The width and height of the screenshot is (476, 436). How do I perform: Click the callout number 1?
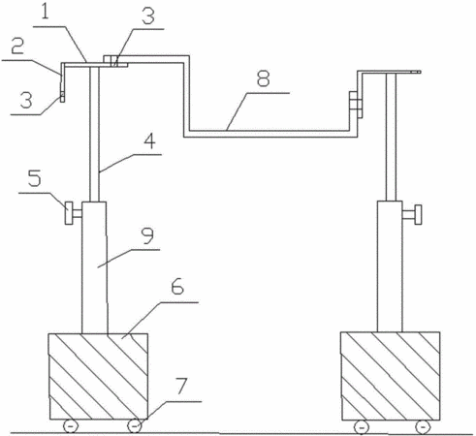[x=46, y=12]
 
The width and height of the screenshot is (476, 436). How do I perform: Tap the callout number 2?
[x=17, y=47]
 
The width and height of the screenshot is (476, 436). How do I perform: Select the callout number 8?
[x=263, y=78]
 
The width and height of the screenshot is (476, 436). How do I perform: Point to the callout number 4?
[x=149, y=141]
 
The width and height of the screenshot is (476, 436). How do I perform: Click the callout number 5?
[x=35, y=178]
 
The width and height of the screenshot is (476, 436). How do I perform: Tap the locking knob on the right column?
[x=412, y=214]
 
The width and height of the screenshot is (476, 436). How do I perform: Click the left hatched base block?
[x=99, y=376]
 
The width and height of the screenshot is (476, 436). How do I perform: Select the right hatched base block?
[x=391, y=376]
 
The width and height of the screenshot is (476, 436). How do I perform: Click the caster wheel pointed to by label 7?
[x=135, y=426]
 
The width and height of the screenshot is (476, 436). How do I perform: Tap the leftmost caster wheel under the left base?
[x=70, y=426]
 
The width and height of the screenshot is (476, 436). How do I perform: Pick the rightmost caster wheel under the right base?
[x=424, y=426]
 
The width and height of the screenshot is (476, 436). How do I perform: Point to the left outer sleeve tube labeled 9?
[x=94, y=267]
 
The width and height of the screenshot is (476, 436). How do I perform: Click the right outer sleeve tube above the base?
[x=390, y=266]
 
